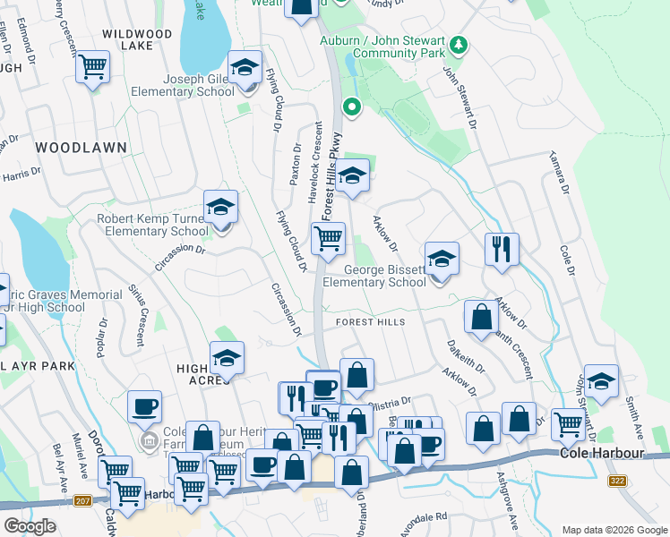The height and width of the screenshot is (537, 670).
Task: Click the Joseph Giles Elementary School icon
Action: pyautogui.click(x=244, y=69)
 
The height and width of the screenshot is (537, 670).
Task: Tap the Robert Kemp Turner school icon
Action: pyautogui.click(x=220, y=208)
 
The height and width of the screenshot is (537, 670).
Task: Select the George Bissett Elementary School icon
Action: pyautogui.click(x=442, y=260)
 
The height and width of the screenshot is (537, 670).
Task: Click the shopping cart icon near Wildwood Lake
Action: pyautogui.click(x=93, y=67)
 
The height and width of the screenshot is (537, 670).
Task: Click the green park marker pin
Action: pyautogui.click(x=352, y=108)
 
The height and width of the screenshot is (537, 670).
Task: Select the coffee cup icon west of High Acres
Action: pyautogui.click(x=144, y=407)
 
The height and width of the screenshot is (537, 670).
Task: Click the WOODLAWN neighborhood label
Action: pyautogui.click(x=81, y=147)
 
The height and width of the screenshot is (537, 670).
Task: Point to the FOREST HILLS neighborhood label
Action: pyautogui.click(x=370, y=322)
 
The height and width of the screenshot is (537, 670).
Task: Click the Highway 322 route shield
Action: pyautogui.click(x=616, y=482)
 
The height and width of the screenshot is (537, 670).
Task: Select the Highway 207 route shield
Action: pyautogui.click(x=83, y=500)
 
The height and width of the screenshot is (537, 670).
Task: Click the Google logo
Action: pyautogui.click(x=30, y=526)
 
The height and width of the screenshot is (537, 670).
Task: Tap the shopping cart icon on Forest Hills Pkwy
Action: pyautogui.click(x=328, y=239)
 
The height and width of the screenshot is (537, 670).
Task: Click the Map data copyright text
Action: pyautogui.click(x=614, y=530)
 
